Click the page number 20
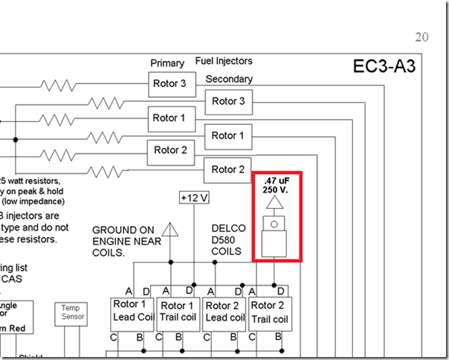pyautogui.click(x=421, y=38)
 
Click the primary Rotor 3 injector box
pyautogui.click(x=169, y=84)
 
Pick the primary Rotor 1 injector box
pyautogui.click(x=169, y=118)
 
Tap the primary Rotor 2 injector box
pyautogui.click(x=169, y=150)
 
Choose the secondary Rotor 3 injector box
pyautogui.click(x=228, y=101)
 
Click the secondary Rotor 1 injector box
pyautogui.click(x=228, y=135)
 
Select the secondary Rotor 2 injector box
pyautogui.click(x=228, y=169)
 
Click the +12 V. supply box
pyautogui.click(x=196, y=198)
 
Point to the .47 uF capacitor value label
pyautogui.click(x=275, y=184)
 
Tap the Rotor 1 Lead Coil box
pyautogui.click(x=131, y=311)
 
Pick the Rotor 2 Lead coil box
pyautogui.click(x=224, y=311)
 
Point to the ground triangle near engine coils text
pyautogui.click(x=169, y=229)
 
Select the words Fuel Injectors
pyautogui.click(x=224, y=61)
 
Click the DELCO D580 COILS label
pyautogui.click(x=227, y=240)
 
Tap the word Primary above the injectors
pyautogui.click(x=167, y=63)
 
